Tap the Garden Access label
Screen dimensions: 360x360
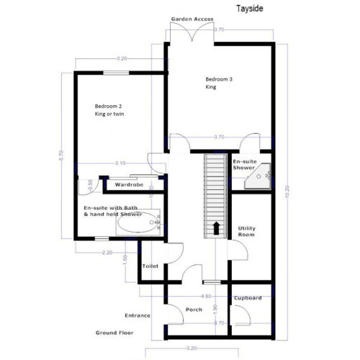[x=192, y=19]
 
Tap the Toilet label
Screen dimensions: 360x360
[x=150, y=266]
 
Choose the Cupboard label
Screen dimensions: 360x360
[x=248, y=297]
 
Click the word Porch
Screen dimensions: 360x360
[x=194, y=310]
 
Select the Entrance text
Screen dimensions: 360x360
[x=138, y=315]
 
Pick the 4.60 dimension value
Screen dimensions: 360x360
[x=206, y=295]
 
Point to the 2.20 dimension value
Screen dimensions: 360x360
[x=106, y=252]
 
